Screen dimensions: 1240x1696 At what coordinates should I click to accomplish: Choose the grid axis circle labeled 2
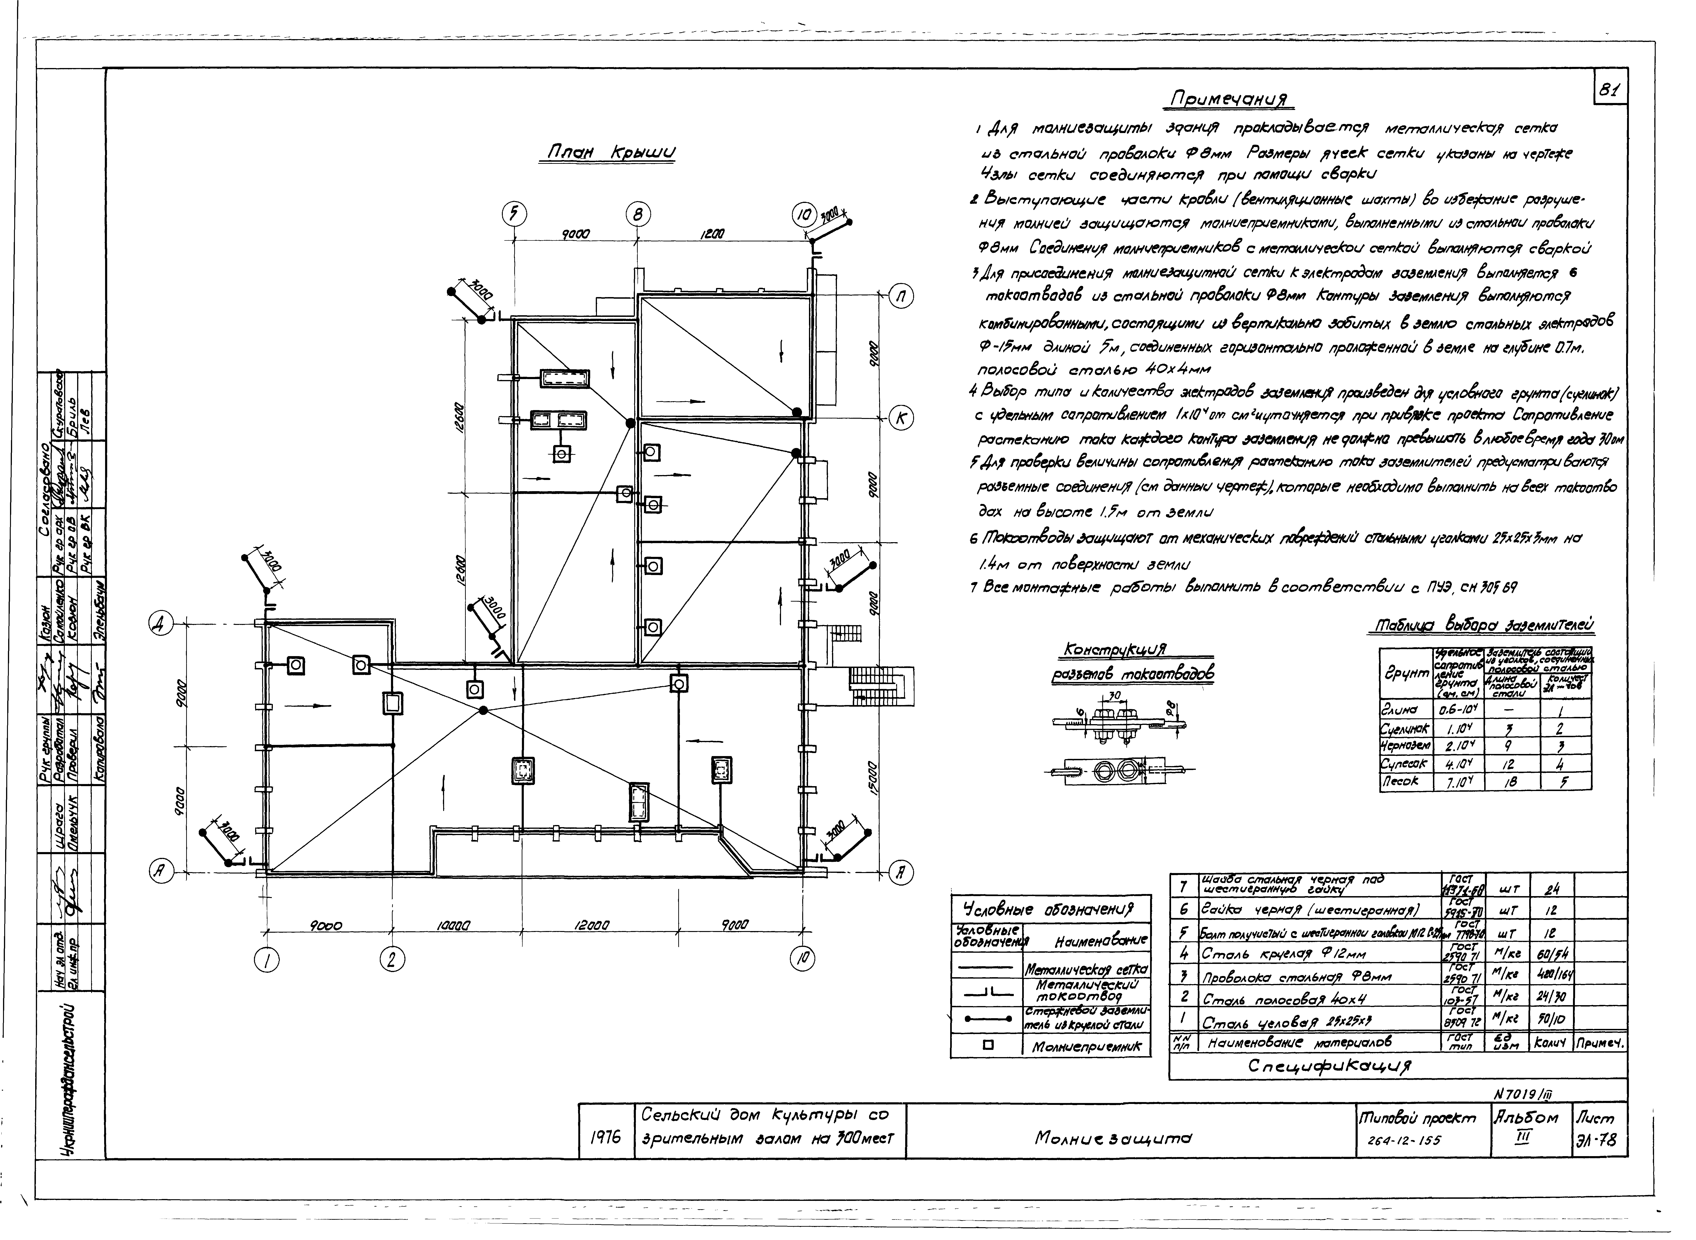tap(391, 959)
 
